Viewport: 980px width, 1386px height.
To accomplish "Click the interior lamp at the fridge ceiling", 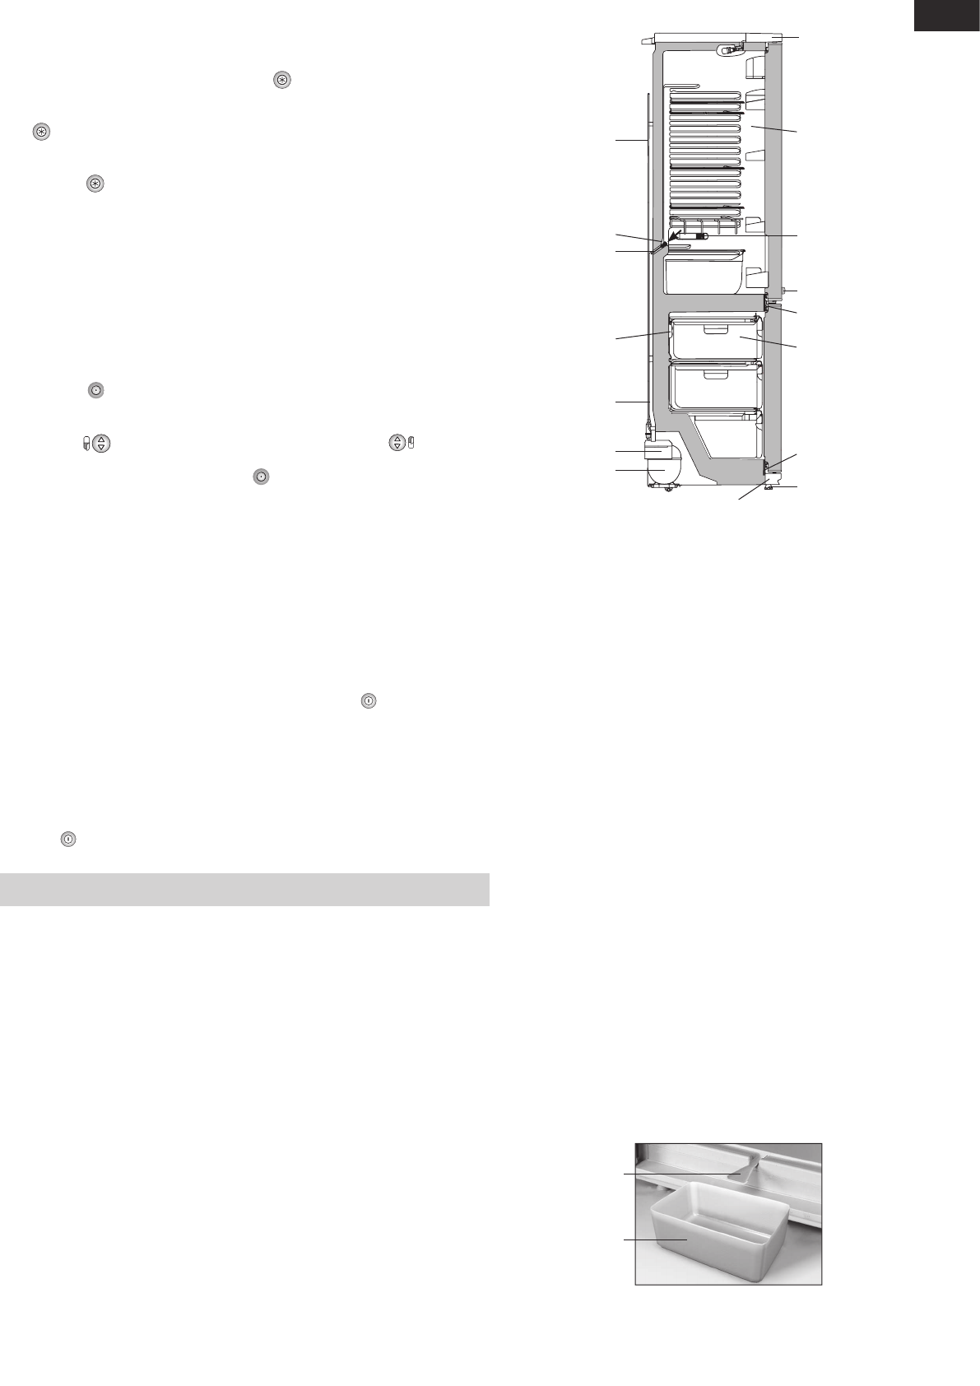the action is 727,49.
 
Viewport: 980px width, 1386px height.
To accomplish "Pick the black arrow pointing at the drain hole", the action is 678,240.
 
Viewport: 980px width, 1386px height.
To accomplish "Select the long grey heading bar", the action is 244,889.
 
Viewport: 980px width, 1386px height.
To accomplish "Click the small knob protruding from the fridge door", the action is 784,291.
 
